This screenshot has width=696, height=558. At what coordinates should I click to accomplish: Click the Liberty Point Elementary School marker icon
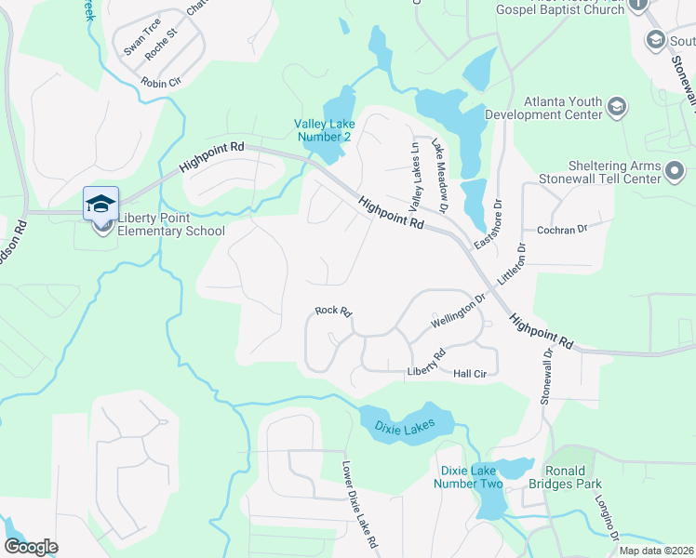(100, 204)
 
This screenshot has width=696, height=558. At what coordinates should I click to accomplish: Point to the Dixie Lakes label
(405, 427)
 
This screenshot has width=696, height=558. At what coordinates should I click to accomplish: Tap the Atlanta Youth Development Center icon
(616, 108)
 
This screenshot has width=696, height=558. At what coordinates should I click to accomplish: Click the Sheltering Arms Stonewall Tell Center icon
(674, 171)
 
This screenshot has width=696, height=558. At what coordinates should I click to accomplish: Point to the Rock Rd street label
(332, 311)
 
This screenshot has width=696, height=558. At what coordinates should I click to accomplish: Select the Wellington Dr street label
(459, 311)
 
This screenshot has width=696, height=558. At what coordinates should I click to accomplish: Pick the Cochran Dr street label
(563, 229)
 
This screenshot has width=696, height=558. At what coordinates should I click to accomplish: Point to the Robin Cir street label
(160, 82)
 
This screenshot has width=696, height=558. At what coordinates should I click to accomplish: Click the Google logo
(31, 547)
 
